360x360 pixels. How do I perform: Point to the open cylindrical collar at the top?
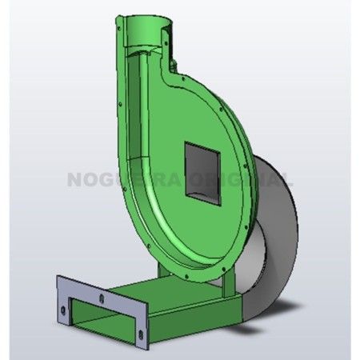[144, 28]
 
